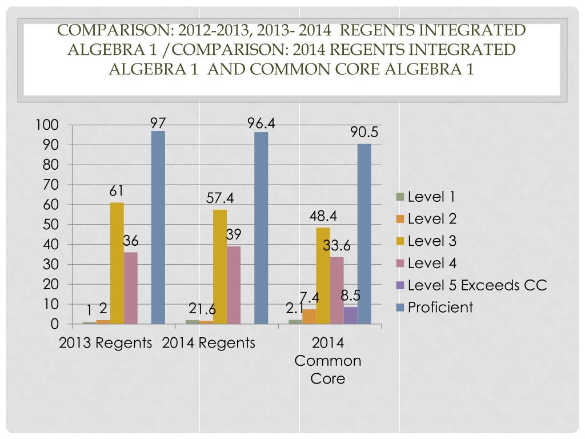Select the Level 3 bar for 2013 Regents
tap(117, 263)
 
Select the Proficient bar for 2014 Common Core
tap(364, 234)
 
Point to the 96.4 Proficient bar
tap(261, 228)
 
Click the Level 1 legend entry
tap(426, 197)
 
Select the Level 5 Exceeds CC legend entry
tap(472, 285)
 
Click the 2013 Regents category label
tap(106, 343)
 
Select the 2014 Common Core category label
tap(328, 361)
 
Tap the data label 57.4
tap(220, 198)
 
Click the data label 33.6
tap(336, 246)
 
